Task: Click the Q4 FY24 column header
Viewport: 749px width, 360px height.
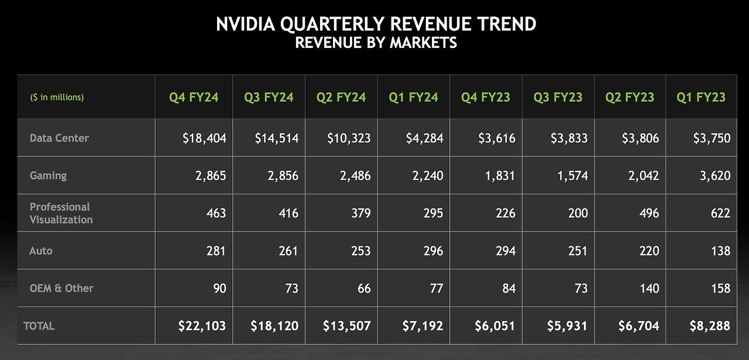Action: point(194,97)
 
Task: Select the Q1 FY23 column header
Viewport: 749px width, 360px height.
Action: point(701,97)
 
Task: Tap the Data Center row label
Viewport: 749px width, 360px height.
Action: point(59,138)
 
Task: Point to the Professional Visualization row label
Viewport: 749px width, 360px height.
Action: point(61,213)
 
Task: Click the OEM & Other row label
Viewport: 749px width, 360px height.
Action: point(61,288)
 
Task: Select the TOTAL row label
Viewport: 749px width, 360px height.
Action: point(39,325)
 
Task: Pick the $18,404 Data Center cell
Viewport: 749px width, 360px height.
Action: point(204,138)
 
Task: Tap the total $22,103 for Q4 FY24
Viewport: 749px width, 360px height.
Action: point(202,325)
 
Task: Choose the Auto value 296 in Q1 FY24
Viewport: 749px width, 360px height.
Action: point(432,251)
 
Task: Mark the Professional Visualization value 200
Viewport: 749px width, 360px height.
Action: point(577,213)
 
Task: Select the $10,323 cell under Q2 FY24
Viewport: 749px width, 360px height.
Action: point(349,138)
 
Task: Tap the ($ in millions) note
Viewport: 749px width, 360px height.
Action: point(57,97)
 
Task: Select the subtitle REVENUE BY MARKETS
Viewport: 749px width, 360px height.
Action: point(376,43)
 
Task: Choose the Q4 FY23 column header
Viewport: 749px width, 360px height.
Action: point(486,97)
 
